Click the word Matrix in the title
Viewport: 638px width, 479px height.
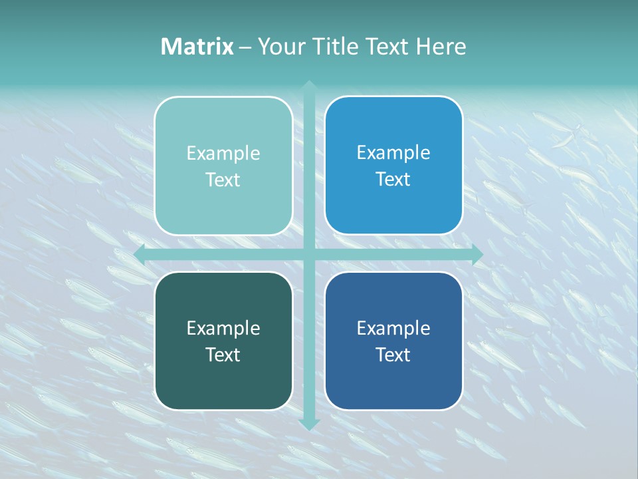click(197, 47)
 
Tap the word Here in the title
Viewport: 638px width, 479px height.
click(441, 47)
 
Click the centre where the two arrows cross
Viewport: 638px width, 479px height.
click(308, 254)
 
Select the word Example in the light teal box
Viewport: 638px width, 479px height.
click(223, 154)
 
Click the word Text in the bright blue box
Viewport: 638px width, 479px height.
click(393, 179)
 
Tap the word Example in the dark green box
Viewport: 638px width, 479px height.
click(223, 328)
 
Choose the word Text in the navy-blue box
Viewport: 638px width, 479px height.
click(393, 355)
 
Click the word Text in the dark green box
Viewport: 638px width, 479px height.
click(223, 355)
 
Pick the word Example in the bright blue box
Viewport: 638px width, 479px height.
click(393, 153)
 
